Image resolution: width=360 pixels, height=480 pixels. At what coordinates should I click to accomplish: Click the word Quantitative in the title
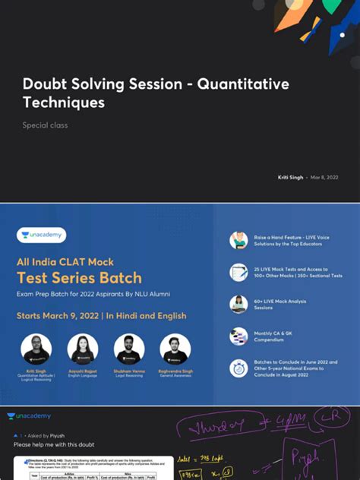point(243,84)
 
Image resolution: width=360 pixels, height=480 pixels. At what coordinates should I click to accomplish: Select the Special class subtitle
point(44,125)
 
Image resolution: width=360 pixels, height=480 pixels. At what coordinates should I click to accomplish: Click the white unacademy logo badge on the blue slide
point(42,235)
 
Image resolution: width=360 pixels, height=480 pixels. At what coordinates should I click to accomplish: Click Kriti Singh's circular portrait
point(36,349)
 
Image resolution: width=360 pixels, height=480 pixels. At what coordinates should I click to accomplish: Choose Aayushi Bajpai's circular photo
point(83,349)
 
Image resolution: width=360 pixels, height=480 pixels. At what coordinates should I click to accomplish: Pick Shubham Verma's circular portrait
point(129,349)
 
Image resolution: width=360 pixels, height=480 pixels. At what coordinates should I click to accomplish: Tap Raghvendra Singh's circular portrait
point(175,349)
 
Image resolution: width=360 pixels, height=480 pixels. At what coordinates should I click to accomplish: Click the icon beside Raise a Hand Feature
point(238,241)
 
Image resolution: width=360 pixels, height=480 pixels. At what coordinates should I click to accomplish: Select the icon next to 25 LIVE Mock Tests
point(238,273)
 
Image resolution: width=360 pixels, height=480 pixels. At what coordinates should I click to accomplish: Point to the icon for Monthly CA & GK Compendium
point(238,336)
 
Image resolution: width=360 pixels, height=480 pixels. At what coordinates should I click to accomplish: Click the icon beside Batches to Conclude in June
point(238,368)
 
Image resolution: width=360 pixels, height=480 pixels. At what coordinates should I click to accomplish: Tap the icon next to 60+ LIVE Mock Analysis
point(238,305)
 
